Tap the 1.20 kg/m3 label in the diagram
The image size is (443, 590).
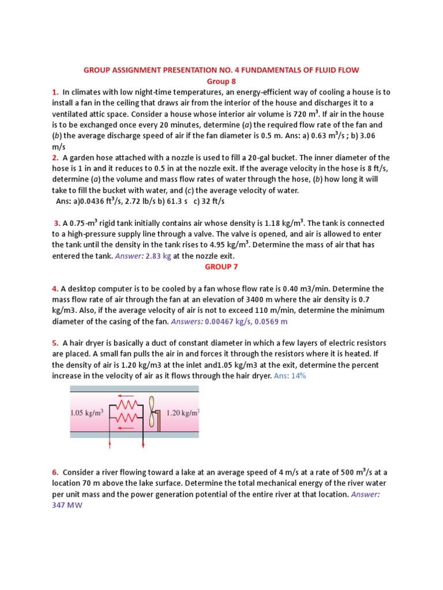point(182,413)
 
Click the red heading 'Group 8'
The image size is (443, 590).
point(222,81)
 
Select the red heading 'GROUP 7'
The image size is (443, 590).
point(221,267)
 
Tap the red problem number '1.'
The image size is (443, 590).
point(55,92)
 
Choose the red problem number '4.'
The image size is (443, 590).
point(55,289)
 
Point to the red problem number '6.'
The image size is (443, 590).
point(55,472)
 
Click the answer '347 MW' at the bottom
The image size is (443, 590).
point(67,505)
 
